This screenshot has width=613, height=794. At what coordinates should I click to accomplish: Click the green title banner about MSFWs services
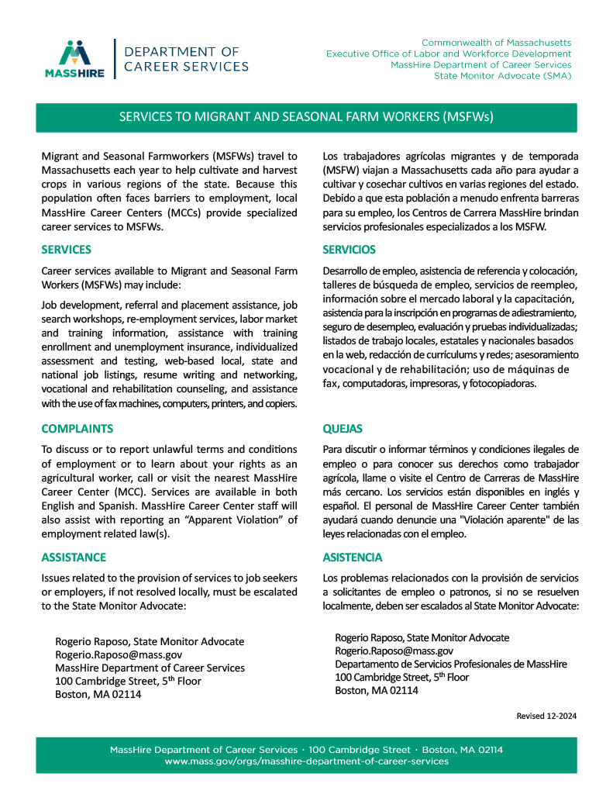click(306, 117)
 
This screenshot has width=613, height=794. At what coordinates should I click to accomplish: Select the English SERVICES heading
click(66, 250)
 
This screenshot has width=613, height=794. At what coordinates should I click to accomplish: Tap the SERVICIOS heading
click(349, 250)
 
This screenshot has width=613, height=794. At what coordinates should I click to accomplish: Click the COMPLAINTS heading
click(77, 429)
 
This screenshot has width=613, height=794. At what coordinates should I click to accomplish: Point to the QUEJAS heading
click(342, 429)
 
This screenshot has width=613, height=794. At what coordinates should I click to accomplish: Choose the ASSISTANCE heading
click(73, 558)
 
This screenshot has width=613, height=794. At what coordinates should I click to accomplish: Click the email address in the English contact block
click(119, 654)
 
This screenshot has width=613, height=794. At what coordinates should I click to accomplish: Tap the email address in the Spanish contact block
click(394, 651)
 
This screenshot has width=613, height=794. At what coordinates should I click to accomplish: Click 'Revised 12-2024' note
click(546, 716)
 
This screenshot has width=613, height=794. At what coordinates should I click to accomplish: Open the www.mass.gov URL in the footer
click(306, 762)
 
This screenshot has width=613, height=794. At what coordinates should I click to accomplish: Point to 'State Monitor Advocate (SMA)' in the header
click(502, 76)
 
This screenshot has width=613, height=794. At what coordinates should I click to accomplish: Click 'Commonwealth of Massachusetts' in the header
click(496, 42)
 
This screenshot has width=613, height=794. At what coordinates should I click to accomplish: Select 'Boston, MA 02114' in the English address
click(98, 694)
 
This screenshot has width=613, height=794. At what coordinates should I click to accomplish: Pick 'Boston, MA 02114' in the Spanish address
click(377, 690)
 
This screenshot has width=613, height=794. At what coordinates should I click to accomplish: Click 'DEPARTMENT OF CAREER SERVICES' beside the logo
click(187, 59)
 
